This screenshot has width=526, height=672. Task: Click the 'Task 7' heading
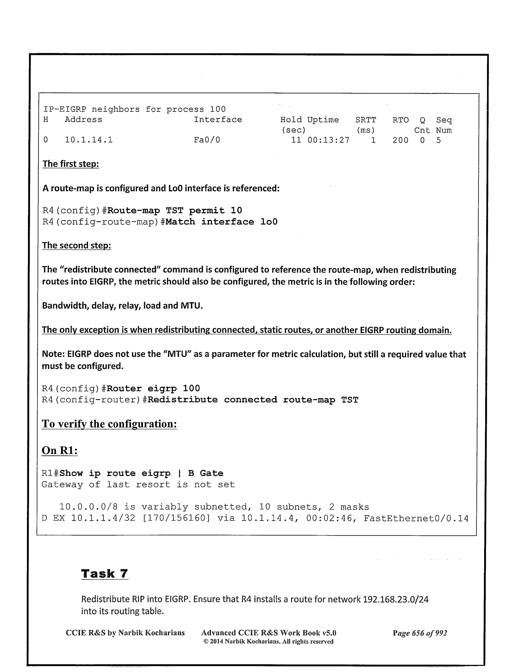105,573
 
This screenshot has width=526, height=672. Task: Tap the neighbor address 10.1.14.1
89,140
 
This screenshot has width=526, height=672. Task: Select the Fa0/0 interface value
207,140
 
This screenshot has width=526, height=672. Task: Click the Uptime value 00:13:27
328,140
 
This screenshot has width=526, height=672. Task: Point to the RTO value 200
400,140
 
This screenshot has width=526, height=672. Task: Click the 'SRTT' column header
365,120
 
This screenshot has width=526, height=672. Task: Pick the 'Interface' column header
218,120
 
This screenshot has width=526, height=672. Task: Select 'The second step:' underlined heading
77,245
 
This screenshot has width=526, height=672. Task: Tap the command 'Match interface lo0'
221,222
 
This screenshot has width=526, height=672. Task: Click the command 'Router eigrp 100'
153,388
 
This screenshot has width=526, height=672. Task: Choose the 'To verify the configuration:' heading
109,424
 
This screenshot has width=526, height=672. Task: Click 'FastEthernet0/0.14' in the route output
416,519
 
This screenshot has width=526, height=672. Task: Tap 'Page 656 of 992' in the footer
420,633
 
